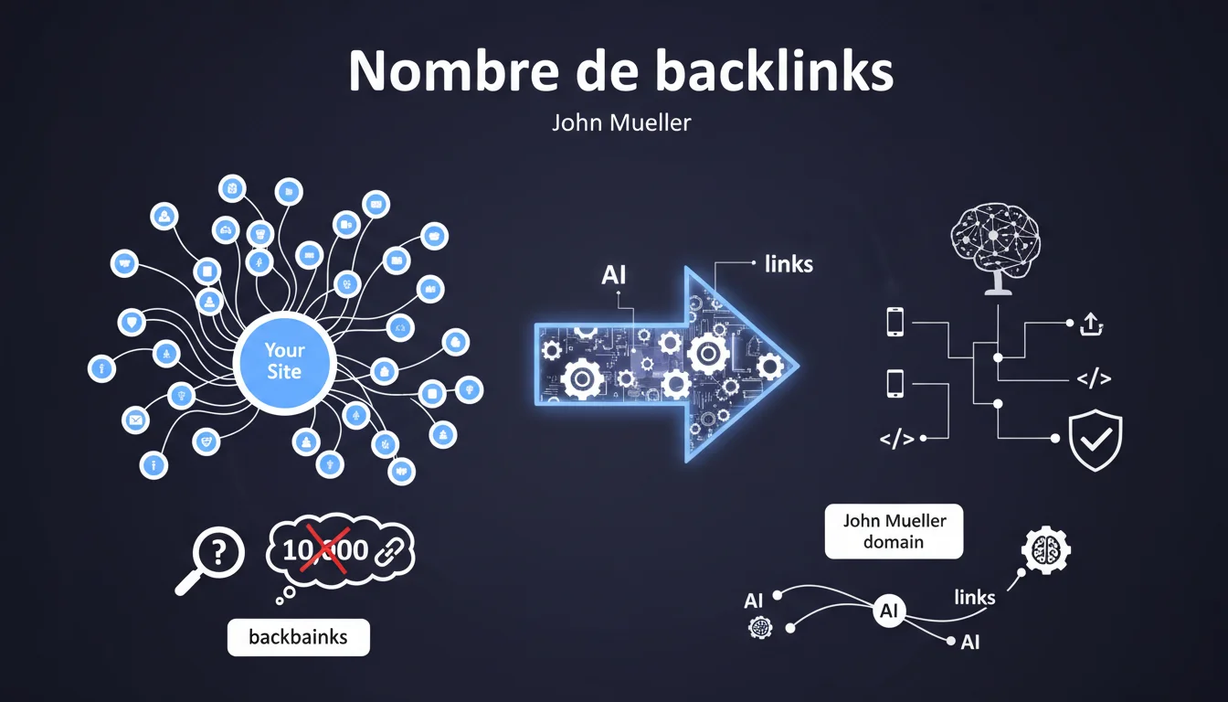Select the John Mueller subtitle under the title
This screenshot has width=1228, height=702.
pyautogui.click(x=621, y=122)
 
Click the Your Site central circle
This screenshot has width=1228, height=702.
pyautogui.click(x=284, y=361)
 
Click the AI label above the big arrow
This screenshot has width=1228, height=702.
pyautogui.click(x=613, y=274)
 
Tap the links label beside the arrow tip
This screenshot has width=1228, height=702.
pyautogui.click(x=788, y=265)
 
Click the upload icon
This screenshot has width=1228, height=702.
pyautogui.click(x=1092, y=324)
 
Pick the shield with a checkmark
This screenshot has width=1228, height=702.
pyautogui.click(x=1096, y=440)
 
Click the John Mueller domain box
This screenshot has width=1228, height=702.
pyautogui.click(x=894, y=531)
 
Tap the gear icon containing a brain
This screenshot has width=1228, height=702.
pyautogui.click(x=1044, y=549)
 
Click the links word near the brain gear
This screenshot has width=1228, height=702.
pyautogui.click(x=974, y=597)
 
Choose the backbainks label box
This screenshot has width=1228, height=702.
pyautogui.click(x=298, y=636)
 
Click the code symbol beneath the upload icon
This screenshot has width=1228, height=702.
pyautogui.click(x=1093, y=378)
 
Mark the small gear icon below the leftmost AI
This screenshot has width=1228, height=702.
pyautogui.click(x=758, y=627)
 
